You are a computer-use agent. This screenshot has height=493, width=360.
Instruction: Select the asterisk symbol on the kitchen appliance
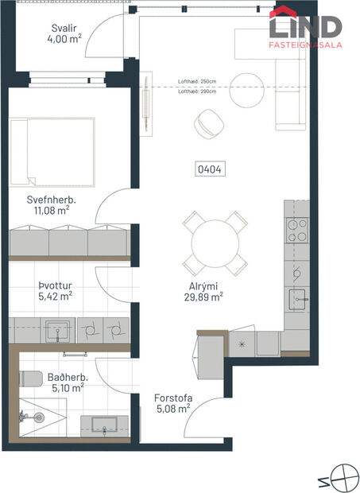[242, 344]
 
